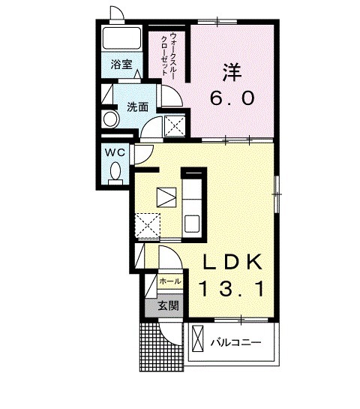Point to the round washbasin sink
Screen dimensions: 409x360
tap(110, 119)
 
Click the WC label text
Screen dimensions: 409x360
tap(115, 152)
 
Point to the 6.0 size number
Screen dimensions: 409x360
tap(232, 98)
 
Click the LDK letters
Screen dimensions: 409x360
tap(232, 262)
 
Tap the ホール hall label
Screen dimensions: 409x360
tap(169, 282)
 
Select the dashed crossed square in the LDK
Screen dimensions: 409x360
tap(146, 224)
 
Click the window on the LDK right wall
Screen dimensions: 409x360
tap(277, 194)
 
